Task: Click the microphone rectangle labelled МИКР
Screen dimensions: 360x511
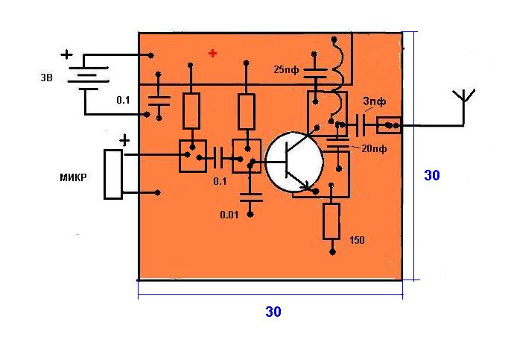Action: point(112,174)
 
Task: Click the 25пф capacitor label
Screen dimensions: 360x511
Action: point(288,70)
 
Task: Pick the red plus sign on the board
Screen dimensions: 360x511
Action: point(214,54)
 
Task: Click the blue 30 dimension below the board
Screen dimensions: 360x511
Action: point(273,312)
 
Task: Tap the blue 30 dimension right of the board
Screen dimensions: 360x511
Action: point(432,176)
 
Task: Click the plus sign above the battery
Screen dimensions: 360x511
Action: point(67,54)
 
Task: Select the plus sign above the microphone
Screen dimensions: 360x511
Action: point(124,140)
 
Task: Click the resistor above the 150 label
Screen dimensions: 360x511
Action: point(331,221)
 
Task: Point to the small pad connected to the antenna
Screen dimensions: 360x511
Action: point(390,125)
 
